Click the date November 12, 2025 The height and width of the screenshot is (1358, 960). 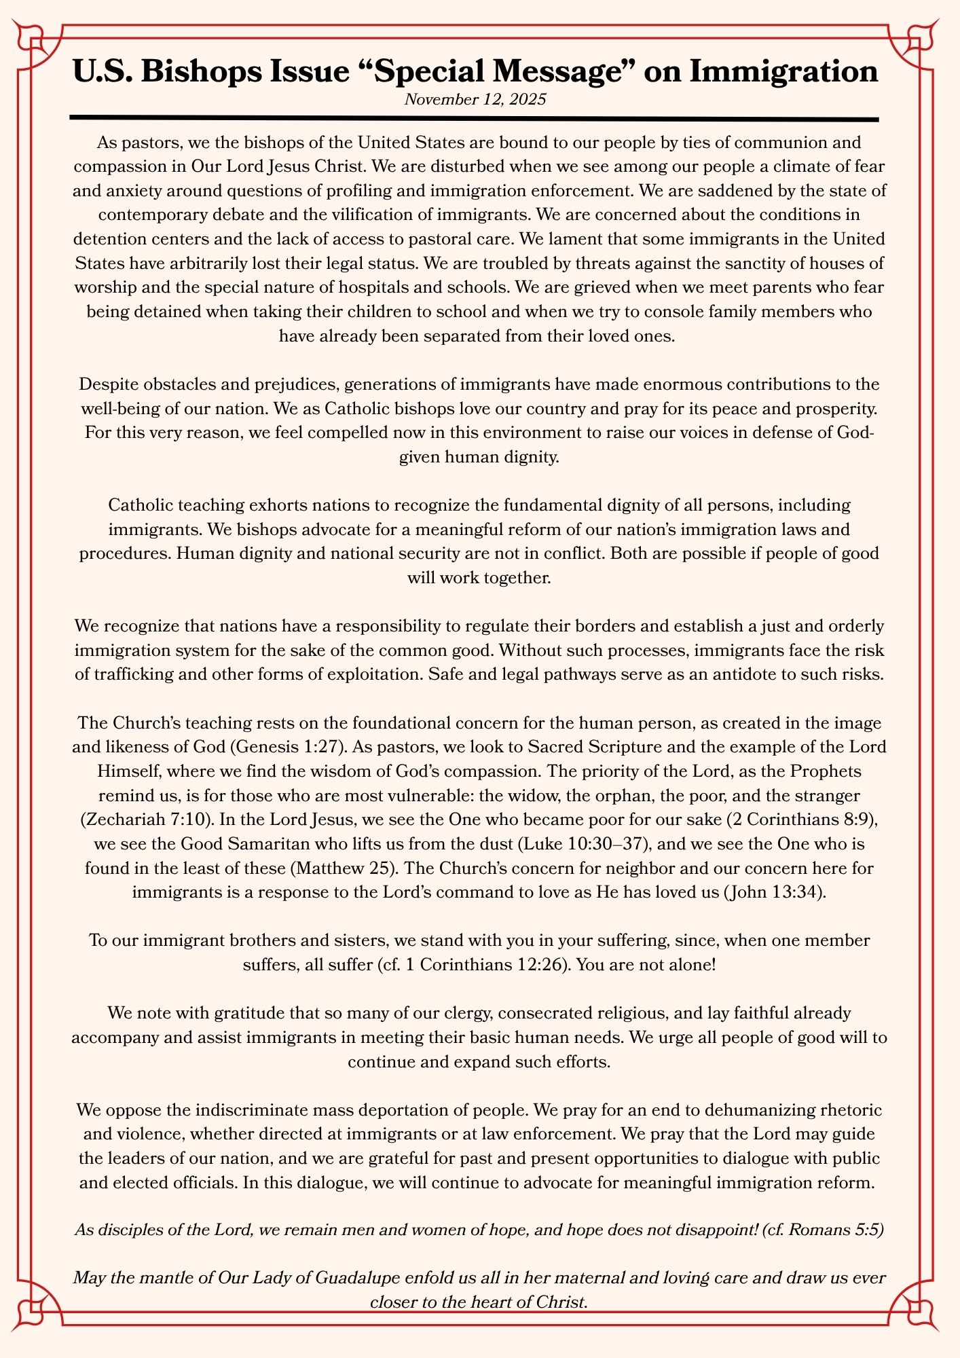(475, 100)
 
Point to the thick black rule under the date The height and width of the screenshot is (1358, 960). (475, 119)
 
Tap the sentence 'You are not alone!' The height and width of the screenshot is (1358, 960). (645, 965)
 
